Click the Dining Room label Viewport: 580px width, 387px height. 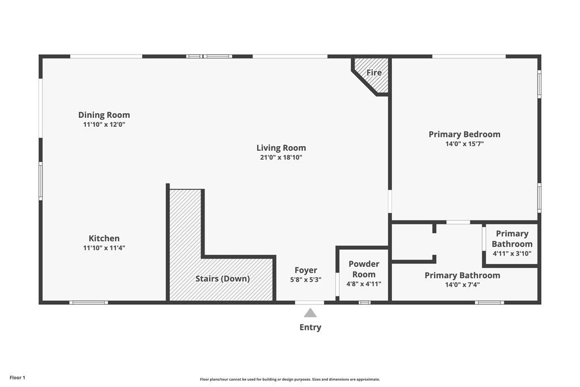point(104,115)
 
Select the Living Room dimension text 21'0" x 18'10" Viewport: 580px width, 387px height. point(281,158)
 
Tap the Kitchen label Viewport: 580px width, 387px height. point(104,239)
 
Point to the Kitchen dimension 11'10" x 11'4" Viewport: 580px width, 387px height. point(104,248)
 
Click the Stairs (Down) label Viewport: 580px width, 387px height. point(223,279)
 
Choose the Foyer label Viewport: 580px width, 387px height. point(306,270)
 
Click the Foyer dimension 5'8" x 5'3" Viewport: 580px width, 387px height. point(306,279)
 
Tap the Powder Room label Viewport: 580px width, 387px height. point(364,269)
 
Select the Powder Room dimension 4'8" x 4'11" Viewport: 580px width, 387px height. point(364,284)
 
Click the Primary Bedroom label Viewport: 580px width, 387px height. point(464,134)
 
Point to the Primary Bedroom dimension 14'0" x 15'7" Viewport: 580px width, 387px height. point(464,144)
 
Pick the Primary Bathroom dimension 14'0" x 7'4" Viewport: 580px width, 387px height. point(462,285)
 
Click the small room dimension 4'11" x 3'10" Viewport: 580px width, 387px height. point(512,254)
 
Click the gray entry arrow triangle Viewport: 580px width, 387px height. point(310,313)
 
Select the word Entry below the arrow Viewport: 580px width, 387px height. point(310,328)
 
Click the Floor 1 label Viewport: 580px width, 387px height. point(18,377)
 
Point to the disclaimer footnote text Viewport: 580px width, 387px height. point(289,380)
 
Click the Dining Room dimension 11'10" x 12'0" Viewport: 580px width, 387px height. point(104,124)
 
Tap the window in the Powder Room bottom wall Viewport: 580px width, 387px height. point(364,303)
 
